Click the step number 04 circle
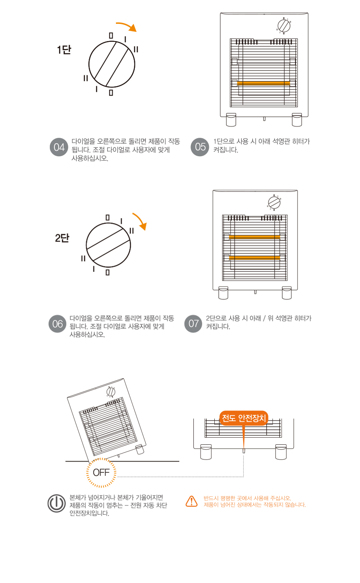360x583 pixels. (59, 147)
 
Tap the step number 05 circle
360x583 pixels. (200, 147)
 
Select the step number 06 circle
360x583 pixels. (58, 324)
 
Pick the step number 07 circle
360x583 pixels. (193, 323)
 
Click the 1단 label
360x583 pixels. (64, 49)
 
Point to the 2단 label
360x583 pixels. (62, 238)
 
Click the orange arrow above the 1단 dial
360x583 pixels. (127, 26)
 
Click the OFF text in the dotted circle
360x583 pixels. (101, 472)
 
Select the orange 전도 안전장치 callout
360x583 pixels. (244, 418)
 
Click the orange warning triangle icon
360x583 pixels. (192, 501)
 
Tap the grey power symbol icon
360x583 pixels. (57, 503)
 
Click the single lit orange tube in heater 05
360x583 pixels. (263, 83)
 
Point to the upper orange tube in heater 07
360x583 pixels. (255, 237)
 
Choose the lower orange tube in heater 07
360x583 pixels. (255, 258)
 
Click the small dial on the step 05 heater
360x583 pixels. (284, 26)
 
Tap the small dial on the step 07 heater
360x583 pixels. (274, 202)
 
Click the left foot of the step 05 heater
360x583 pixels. (231, 120)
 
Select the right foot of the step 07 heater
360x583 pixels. (287, 293)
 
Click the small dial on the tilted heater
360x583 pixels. (111, 392)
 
